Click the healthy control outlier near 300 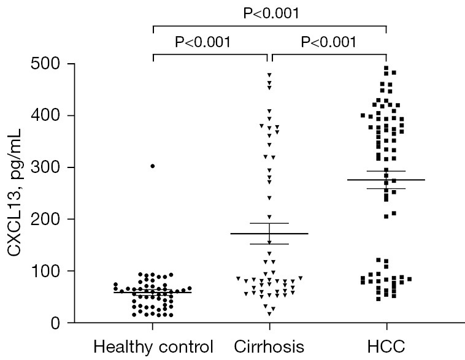click(x=152, y=166)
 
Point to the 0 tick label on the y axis click(x=55, y=323)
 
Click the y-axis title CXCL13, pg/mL click(x=14, y=193)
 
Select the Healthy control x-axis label click(x=153, y=347)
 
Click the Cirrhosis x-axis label click(x=269, y=347)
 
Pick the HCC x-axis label click(x=386, y=347)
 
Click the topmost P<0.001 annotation click(x=271, y=13)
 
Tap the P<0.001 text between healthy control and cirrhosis click(x=203, y=42)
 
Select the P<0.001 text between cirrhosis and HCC click(x=329, y=42)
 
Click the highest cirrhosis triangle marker click(x=269, y=75)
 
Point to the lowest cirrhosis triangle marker click(x=269, y=314)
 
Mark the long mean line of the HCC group click(x=386, y=180)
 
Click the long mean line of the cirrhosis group click(x=269, y=234)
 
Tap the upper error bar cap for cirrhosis click(x=269, y=223)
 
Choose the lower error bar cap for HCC click(x=386, y=188)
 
